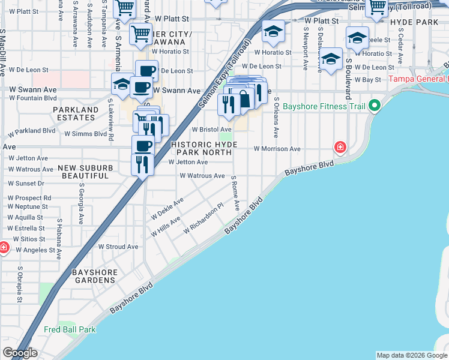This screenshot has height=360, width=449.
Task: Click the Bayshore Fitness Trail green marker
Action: click(375, 107)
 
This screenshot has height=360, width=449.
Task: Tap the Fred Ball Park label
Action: click(70, 329)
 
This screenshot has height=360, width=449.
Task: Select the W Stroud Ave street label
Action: click(118, 247)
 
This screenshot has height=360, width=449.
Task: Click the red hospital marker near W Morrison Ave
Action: click(340, 147)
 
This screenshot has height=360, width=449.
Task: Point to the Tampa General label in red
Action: click(418, 79)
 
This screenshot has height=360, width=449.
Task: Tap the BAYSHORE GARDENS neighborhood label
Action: click(95, 276)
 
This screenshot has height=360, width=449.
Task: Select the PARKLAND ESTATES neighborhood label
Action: click(75, 114)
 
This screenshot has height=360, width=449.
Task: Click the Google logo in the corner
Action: click(20, 353)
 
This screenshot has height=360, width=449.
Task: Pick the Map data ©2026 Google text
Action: click(411, 355)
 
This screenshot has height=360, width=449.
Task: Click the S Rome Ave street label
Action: click(235, 193)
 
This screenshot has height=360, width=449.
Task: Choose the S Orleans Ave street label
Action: click(276, 117)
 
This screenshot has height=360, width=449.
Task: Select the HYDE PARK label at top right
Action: click(414, 22)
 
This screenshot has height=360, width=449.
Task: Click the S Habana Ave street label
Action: click(59, 238)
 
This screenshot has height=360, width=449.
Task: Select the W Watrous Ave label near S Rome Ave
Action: click(202, 176)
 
